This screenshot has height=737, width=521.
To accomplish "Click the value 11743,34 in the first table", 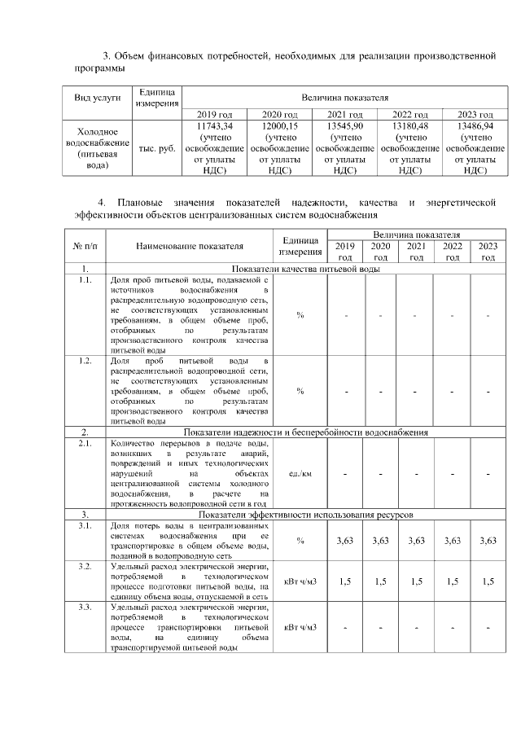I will pos(215,127).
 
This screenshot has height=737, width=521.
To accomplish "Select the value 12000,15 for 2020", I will pos(280,127).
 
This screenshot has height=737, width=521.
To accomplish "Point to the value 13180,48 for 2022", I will pos(410,127).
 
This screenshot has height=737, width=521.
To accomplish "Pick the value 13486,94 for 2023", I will pos(475,127).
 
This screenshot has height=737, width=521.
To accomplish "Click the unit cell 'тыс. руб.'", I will pos(157,149).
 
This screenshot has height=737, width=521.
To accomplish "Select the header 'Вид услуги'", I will pos(98,98).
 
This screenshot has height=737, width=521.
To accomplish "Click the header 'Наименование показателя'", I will pos(190,245).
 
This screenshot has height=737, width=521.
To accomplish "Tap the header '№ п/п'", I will pos(85,245).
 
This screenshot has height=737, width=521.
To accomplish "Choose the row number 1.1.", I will pos(85,280).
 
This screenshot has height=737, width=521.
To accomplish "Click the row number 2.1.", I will pos(85,443).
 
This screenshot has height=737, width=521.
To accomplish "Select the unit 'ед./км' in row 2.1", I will pos(300,473).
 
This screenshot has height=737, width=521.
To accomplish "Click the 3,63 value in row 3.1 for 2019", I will pos(345,541).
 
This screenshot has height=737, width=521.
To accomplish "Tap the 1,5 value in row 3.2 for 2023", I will pos(488,581).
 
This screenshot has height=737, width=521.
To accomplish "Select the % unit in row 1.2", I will pos(300,391).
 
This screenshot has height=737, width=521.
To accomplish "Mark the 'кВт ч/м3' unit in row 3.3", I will pos(300,627).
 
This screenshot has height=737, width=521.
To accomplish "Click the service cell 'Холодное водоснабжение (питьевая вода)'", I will pos(98,148).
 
